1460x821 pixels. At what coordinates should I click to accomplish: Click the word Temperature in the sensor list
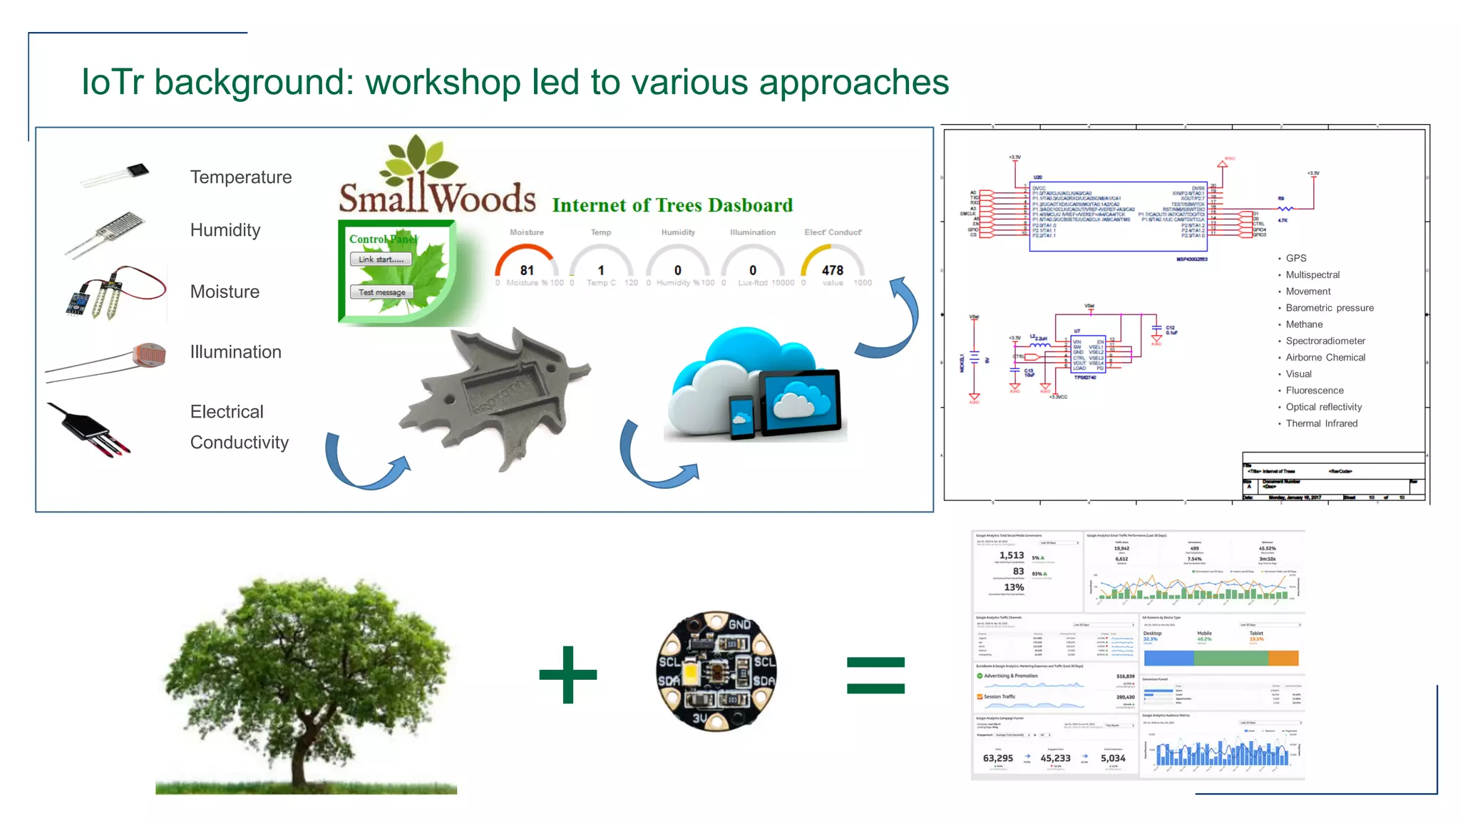coord(241,177)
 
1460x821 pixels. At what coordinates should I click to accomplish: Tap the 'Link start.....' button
coord(381,259)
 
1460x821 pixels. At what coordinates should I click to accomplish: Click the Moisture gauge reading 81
coord(526,269)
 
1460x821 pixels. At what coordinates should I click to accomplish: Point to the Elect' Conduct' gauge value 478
coord(832,269)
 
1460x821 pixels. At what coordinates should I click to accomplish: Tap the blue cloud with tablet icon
coord(756,388)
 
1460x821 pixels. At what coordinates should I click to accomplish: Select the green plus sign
coord(568,674)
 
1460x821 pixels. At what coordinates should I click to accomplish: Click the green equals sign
coord(875,675)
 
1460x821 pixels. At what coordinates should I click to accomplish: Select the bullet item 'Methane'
coord(1304,324)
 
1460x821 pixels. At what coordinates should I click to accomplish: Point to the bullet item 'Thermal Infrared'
coord(1321,423)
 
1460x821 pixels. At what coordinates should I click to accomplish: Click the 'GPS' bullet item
coord(1295,258)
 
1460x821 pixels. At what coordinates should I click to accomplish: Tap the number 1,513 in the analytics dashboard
coord(1011,555)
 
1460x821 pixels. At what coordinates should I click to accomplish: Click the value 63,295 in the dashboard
coord(997,758)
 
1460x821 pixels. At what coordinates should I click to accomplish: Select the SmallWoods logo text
coord(437,197)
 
